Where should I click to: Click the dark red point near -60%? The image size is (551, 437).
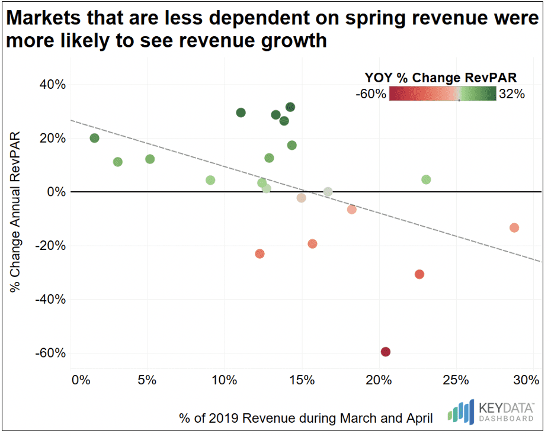coord(386,352)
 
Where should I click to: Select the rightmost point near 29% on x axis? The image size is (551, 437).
coord(514,228)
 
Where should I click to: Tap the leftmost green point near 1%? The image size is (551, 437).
coord(94,138)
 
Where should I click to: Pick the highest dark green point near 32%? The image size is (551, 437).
coord(290,107)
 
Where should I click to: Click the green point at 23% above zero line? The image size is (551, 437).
coord(426,179)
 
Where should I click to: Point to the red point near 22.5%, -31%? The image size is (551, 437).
coord(419,274)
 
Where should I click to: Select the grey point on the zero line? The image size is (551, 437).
coord(328,192)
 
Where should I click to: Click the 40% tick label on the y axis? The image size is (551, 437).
coord(53,85)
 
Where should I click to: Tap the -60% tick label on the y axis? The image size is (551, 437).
coord(50,353)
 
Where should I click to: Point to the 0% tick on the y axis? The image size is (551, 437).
coord(56,192)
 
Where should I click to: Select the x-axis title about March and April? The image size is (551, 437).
coord(306,418)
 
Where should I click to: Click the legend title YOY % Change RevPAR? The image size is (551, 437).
coord(440,78)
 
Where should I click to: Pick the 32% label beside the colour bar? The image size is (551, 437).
coord(512,94)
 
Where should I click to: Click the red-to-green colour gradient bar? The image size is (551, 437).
coord(442,94)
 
